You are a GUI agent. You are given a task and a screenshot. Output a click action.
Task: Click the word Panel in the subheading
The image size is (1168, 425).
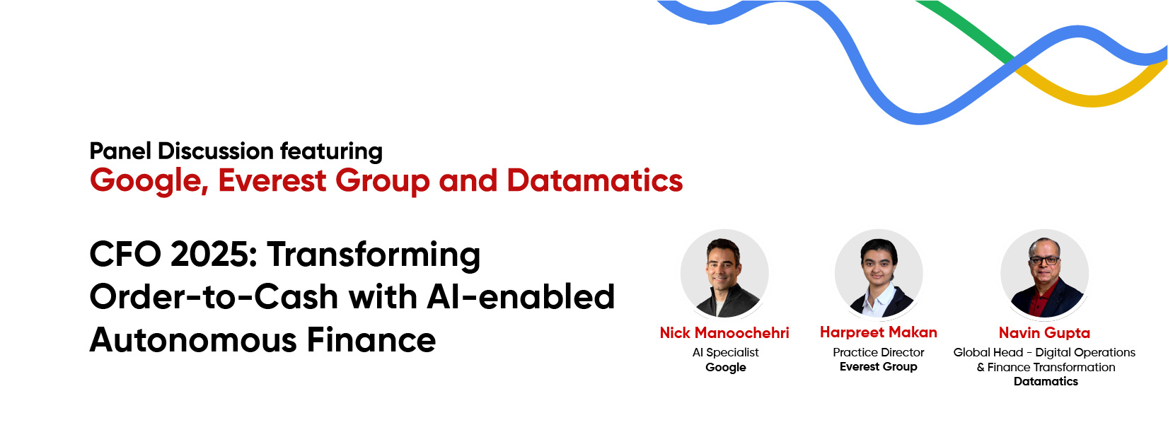point(120,151)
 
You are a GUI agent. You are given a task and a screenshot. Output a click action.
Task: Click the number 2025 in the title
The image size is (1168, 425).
point(214,255)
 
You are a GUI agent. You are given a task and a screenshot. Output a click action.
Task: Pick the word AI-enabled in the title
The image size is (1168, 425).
point(521,296)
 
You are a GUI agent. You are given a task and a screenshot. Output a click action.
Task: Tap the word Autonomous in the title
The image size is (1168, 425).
point(193,340)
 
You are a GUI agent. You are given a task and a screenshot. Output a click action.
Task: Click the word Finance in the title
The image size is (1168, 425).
point(371,339)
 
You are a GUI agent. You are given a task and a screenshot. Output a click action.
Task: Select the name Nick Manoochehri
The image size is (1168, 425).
point(724,332)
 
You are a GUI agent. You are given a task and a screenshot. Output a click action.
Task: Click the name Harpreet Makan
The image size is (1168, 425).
point(879,332)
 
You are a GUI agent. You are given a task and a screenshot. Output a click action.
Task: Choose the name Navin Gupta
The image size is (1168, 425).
point(1044,332)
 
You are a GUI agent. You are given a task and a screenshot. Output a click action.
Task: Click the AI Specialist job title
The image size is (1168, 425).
point(725,352)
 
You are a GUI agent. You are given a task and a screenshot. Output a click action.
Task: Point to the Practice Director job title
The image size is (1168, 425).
point(878,352)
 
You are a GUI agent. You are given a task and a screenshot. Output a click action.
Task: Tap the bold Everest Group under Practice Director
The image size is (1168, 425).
point(878,366)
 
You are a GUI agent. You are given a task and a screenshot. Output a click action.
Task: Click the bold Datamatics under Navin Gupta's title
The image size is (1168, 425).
point(1046,381)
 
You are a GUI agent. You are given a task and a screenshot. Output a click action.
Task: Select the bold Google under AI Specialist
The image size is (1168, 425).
point(725,367)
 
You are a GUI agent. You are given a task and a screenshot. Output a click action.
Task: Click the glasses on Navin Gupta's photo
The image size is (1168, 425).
point(1044,260)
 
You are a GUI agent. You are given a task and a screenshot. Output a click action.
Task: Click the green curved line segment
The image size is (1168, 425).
point(965,29)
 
